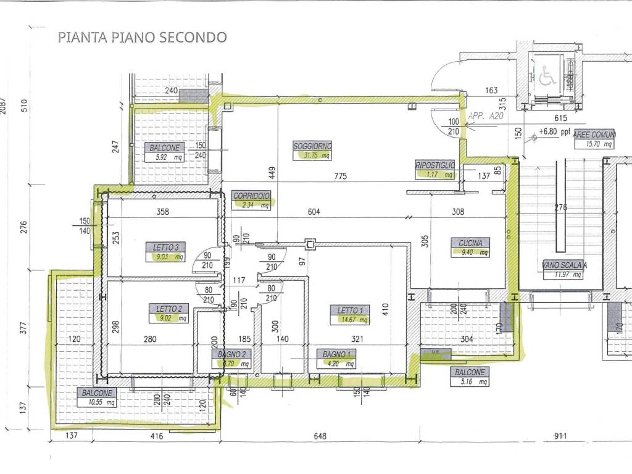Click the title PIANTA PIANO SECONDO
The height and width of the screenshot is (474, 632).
pyautogui.click(x=142, y=37)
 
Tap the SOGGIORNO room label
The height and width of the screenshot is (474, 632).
pyautogui.click(x=312, y=146)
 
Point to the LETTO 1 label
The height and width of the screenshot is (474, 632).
pyautogui.click(x=350, y=310)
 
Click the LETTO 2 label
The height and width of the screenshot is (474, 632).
pyautogui.click(x=168, y=309)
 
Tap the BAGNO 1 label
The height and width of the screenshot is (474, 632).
pyautogui.click(x=336, y=355)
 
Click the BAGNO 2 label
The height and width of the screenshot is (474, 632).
pyautogui.click(x=233, y=355)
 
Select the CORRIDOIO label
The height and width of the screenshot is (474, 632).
pyautogui.click(x=252, y=196)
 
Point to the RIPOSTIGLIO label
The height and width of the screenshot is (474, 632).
pyautogui.click(x=435, y=165)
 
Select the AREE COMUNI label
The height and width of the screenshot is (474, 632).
pyautogui.click(x=593, y=135)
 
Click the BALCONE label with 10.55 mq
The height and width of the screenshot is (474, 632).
pyautogui.click(x=96, y=393)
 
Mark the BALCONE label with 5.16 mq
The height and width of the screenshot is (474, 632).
pyautogui.click(x=470, y=373)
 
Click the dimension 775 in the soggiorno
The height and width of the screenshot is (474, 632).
pyautogui.click(x=340, y=176)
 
